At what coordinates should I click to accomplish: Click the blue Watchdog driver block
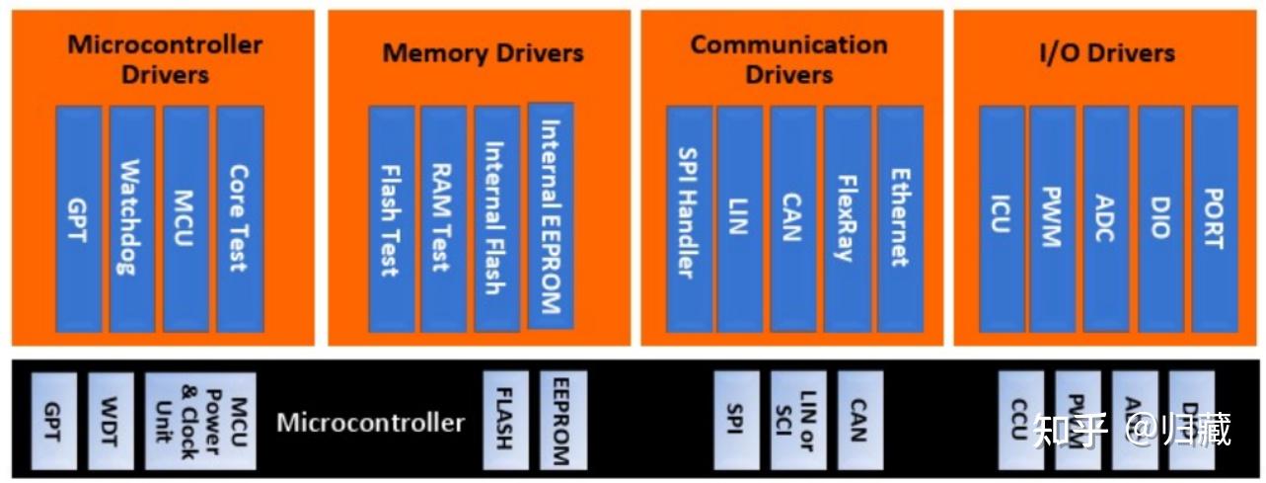coord(132,218)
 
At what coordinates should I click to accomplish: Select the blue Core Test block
coord(240,218)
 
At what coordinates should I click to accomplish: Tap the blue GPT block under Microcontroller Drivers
coord(79,218)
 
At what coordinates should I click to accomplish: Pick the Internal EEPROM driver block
coord(551,215)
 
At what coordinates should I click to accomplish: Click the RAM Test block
coord(443,218)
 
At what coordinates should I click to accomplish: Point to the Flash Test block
coord(391,218)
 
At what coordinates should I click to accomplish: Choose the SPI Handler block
coord(689,218)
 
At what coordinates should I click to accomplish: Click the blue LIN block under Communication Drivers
coord(740,218)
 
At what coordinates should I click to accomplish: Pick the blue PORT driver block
coord(1214,218)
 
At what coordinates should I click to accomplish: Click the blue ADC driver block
coord(1106,218)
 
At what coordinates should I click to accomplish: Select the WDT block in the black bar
coord(111,421)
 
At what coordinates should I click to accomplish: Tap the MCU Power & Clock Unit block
coord(200,421)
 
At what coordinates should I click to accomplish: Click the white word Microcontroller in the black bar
coord(370,423)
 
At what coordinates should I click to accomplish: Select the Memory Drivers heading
coord(483,52)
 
